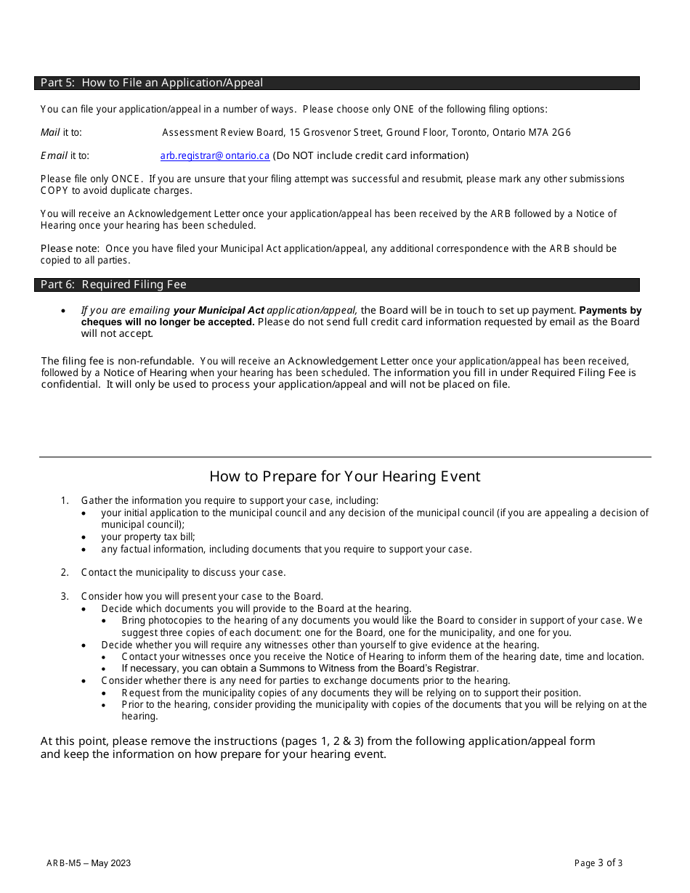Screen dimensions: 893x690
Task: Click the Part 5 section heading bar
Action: [336, 83]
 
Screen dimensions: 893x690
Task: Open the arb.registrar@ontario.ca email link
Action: [214, 155]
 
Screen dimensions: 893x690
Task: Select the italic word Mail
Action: [50, 132]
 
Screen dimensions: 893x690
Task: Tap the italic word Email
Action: [54, 155]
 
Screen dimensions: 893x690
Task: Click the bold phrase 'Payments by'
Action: [610, 310]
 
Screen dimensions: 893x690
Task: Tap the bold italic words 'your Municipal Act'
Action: [219, 310]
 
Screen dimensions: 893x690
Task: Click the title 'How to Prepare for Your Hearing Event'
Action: [345, 476]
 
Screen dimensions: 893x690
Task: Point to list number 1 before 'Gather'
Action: [65, 500]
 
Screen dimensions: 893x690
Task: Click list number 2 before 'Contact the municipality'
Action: [65, 572]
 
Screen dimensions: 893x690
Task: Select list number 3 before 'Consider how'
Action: [65, 596]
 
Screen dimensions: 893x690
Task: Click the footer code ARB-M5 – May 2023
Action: [89, 863]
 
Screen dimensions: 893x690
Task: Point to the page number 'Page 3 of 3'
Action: [598, 863]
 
